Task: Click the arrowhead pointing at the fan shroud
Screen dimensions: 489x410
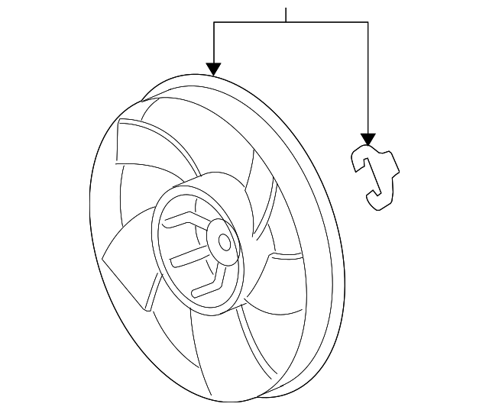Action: coord(214,69)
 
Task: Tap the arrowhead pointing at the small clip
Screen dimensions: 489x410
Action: coord(368,139)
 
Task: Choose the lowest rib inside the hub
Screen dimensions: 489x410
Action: coord(206,284)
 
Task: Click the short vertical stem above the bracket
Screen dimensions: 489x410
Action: coord(286,14)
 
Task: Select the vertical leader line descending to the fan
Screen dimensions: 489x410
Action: coord(214,42)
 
